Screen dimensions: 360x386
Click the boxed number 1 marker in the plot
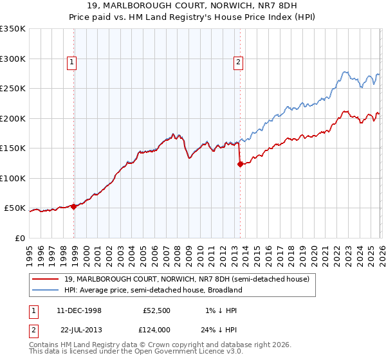(x=71, y=62)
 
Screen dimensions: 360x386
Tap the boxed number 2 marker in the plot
(x=238, y=62)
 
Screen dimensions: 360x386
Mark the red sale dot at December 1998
(x=74, y=206)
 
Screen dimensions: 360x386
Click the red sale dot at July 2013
(x=240, y=164)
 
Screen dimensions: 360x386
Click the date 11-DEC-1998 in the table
(x=79, y=310)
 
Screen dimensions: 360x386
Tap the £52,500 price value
(x=155, y=310)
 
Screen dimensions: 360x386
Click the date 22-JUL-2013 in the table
(x=79, y=329)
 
